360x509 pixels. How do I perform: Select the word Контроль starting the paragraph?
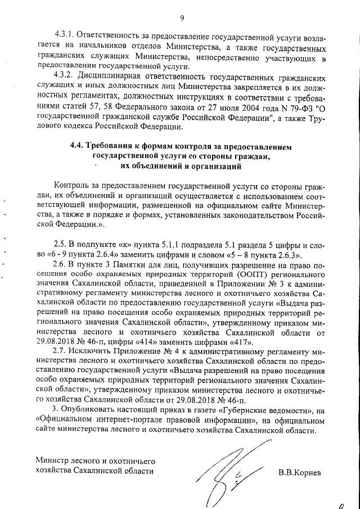(x=73, y=186)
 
